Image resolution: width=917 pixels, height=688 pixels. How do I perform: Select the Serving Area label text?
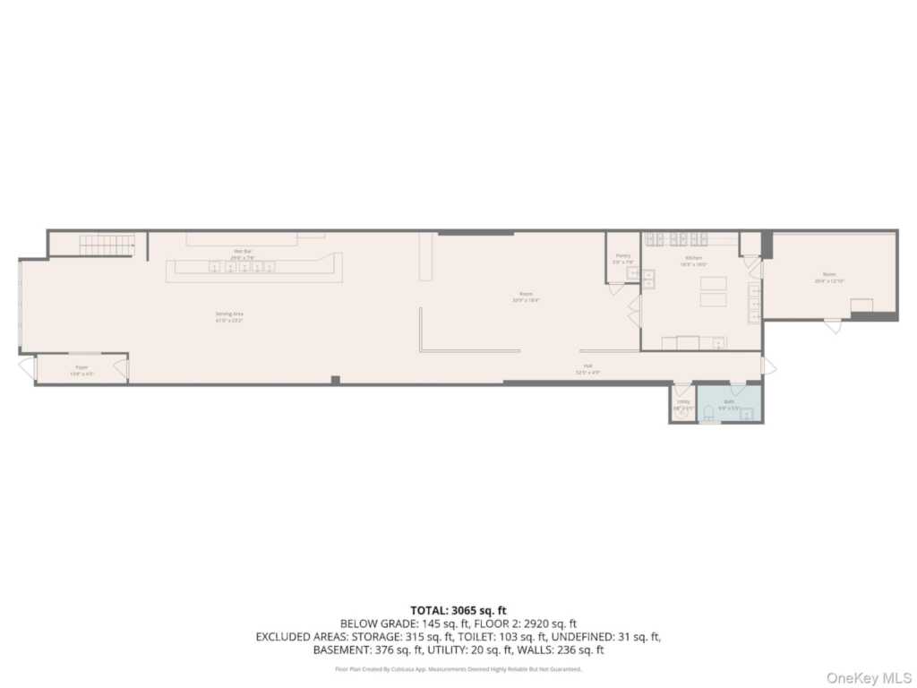pyautogui.click(x=229, y=315)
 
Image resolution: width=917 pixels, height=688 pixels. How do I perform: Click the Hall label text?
pyautogui.click(x=588, y=367)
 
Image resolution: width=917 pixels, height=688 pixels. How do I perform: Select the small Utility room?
pyautogui.click(x=682, y=405)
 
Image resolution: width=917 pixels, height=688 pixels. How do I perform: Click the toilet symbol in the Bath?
pyautogui.click(x=708, y=413)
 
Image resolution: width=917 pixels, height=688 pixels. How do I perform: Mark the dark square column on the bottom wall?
pyautogui.click(x=335, y=380)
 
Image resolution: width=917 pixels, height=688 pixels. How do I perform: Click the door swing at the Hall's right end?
pyautogui.click(x=768, y=365)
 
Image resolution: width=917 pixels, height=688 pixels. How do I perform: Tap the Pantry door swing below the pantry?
pyautogui.click(x=616, y=289)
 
